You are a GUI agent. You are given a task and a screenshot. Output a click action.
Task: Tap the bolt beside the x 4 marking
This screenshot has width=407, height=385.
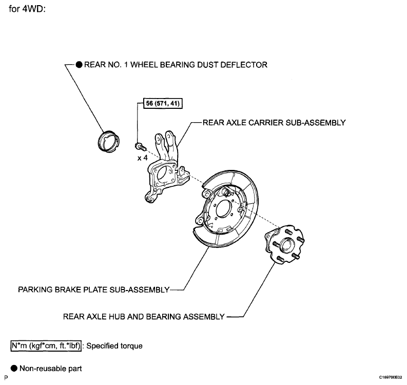click(x=141, y=146)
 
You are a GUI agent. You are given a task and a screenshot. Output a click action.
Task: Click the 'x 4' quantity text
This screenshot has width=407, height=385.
click(x=142, y=158)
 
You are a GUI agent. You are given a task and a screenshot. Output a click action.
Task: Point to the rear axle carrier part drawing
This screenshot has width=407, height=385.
click(x=166, y=167)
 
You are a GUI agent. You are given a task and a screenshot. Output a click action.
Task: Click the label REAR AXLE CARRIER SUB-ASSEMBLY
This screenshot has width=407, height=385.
click(x=274, y=123)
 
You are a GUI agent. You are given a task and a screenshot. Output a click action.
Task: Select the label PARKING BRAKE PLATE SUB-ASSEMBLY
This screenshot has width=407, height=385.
click(x=94, y=290)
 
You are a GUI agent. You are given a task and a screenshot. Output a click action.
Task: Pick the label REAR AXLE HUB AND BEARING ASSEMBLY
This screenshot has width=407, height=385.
click(x=144, y=316)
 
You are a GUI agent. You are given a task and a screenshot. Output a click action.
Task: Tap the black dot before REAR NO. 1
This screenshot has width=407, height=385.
click(x=79, y=65)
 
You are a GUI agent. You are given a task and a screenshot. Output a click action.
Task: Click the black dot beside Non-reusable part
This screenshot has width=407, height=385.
click(x=14, y=368)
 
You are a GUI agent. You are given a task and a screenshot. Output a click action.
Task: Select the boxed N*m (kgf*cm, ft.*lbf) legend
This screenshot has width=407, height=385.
click(x=46, y=346)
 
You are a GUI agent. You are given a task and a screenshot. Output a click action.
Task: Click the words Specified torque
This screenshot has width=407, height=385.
click(x=114, y=346)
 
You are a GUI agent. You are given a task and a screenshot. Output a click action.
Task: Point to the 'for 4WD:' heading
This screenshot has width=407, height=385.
click(x=27, y=9)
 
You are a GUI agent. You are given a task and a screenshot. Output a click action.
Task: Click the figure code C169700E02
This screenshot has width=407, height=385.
click(x=391, y=377)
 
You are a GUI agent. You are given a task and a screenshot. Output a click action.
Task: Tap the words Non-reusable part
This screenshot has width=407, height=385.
click(x=51, y=369)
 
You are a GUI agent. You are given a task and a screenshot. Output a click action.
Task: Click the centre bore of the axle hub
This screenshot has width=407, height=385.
click(x=286, y=244)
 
